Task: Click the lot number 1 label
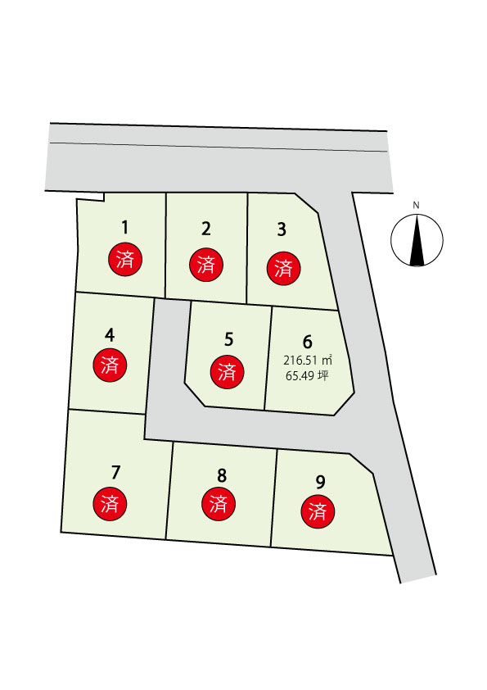pos(125,228)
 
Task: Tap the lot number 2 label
pos(206,229)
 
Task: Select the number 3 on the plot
pos(282,229)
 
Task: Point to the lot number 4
pos(110,335)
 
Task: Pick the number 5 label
pos(228,340)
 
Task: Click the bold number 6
pos(307,342)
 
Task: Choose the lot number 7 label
pos(115,472)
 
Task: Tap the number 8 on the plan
pos(222,475)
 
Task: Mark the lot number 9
pos(320,483)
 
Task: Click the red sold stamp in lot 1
pos(125,259)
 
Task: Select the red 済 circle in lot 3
pos(284,269)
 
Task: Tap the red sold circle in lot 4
pos(110,365)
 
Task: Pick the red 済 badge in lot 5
pos(228,372)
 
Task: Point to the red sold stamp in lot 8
pos(219,504)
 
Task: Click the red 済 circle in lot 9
pos(318,511)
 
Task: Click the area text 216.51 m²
pos(307,361)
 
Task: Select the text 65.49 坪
pos(307,376)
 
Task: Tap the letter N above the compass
pos(417,205)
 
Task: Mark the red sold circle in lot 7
pos(110,504)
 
